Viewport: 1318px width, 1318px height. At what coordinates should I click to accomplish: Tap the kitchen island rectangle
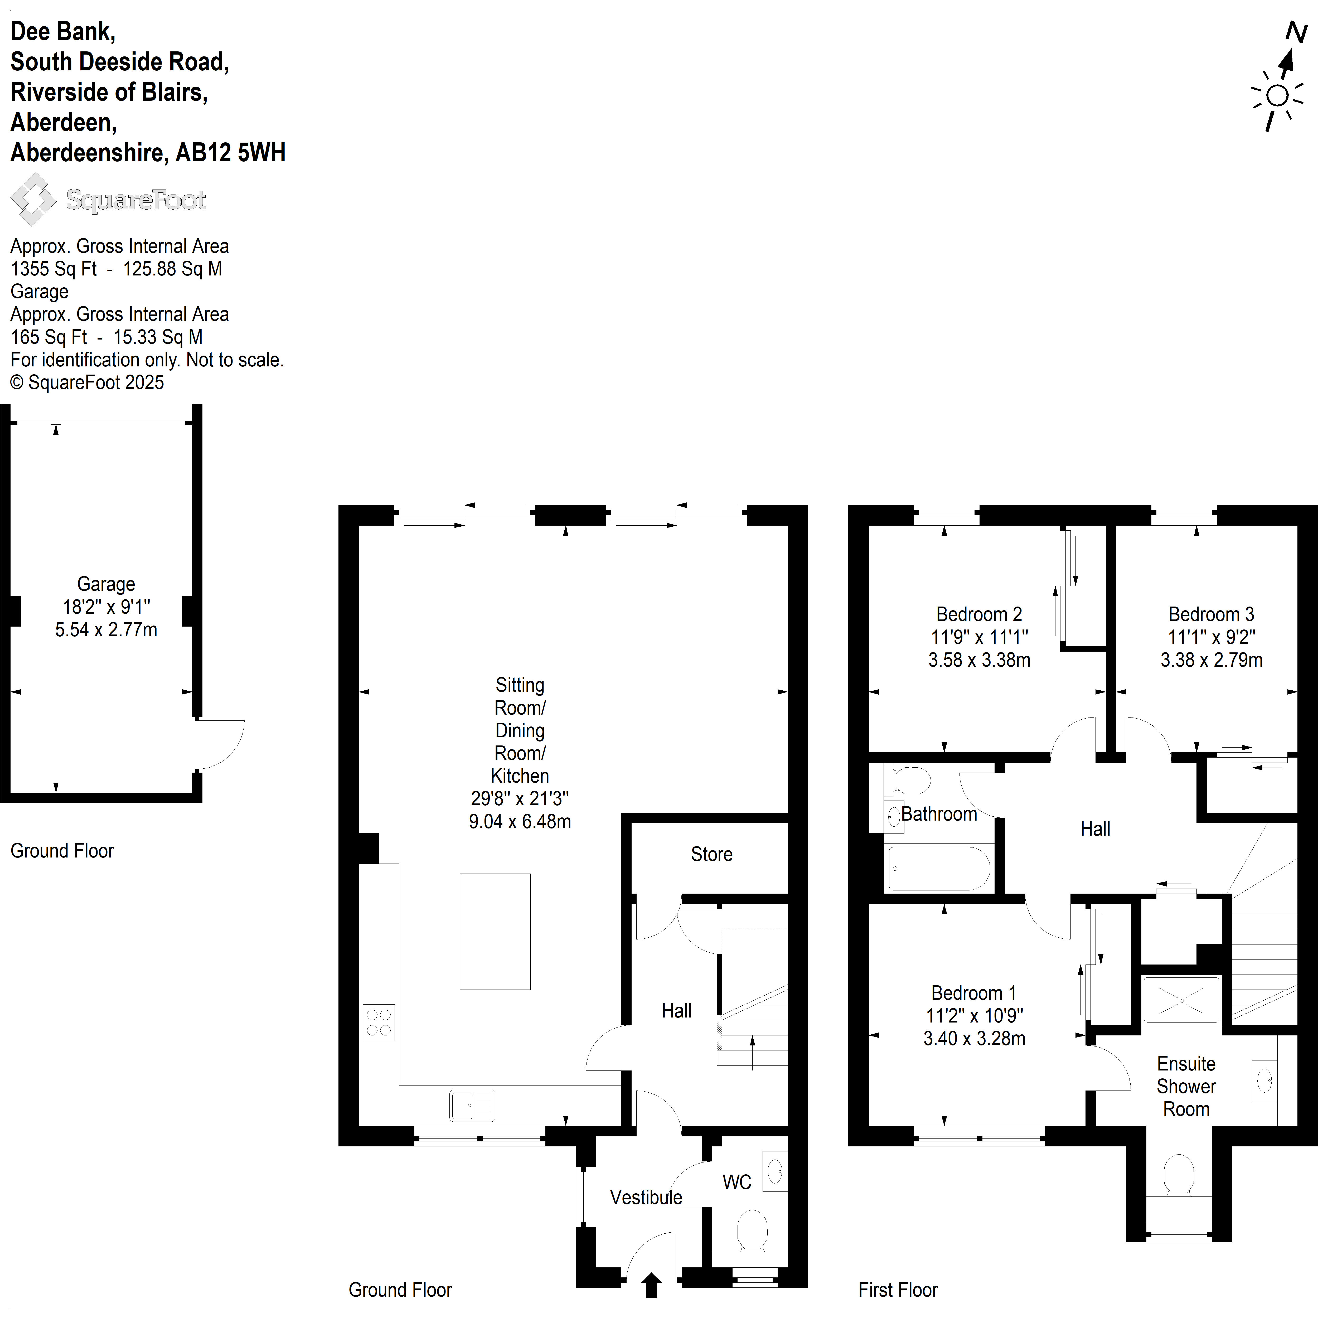(x=495, y=931)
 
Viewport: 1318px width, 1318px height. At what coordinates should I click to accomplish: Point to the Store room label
(x=711, y=854)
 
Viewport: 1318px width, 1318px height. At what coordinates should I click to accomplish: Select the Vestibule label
(x=646, y=1197)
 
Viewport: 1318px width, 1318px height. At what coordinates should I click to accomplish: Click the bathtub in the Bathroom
(x=939, y=869)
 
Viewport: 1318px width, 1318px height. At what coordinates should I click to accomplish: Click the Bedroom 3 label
(x=1211, y=614)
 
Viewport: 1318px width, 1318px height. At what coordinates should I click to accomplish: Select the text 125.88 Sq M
(x=173, y=269)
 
